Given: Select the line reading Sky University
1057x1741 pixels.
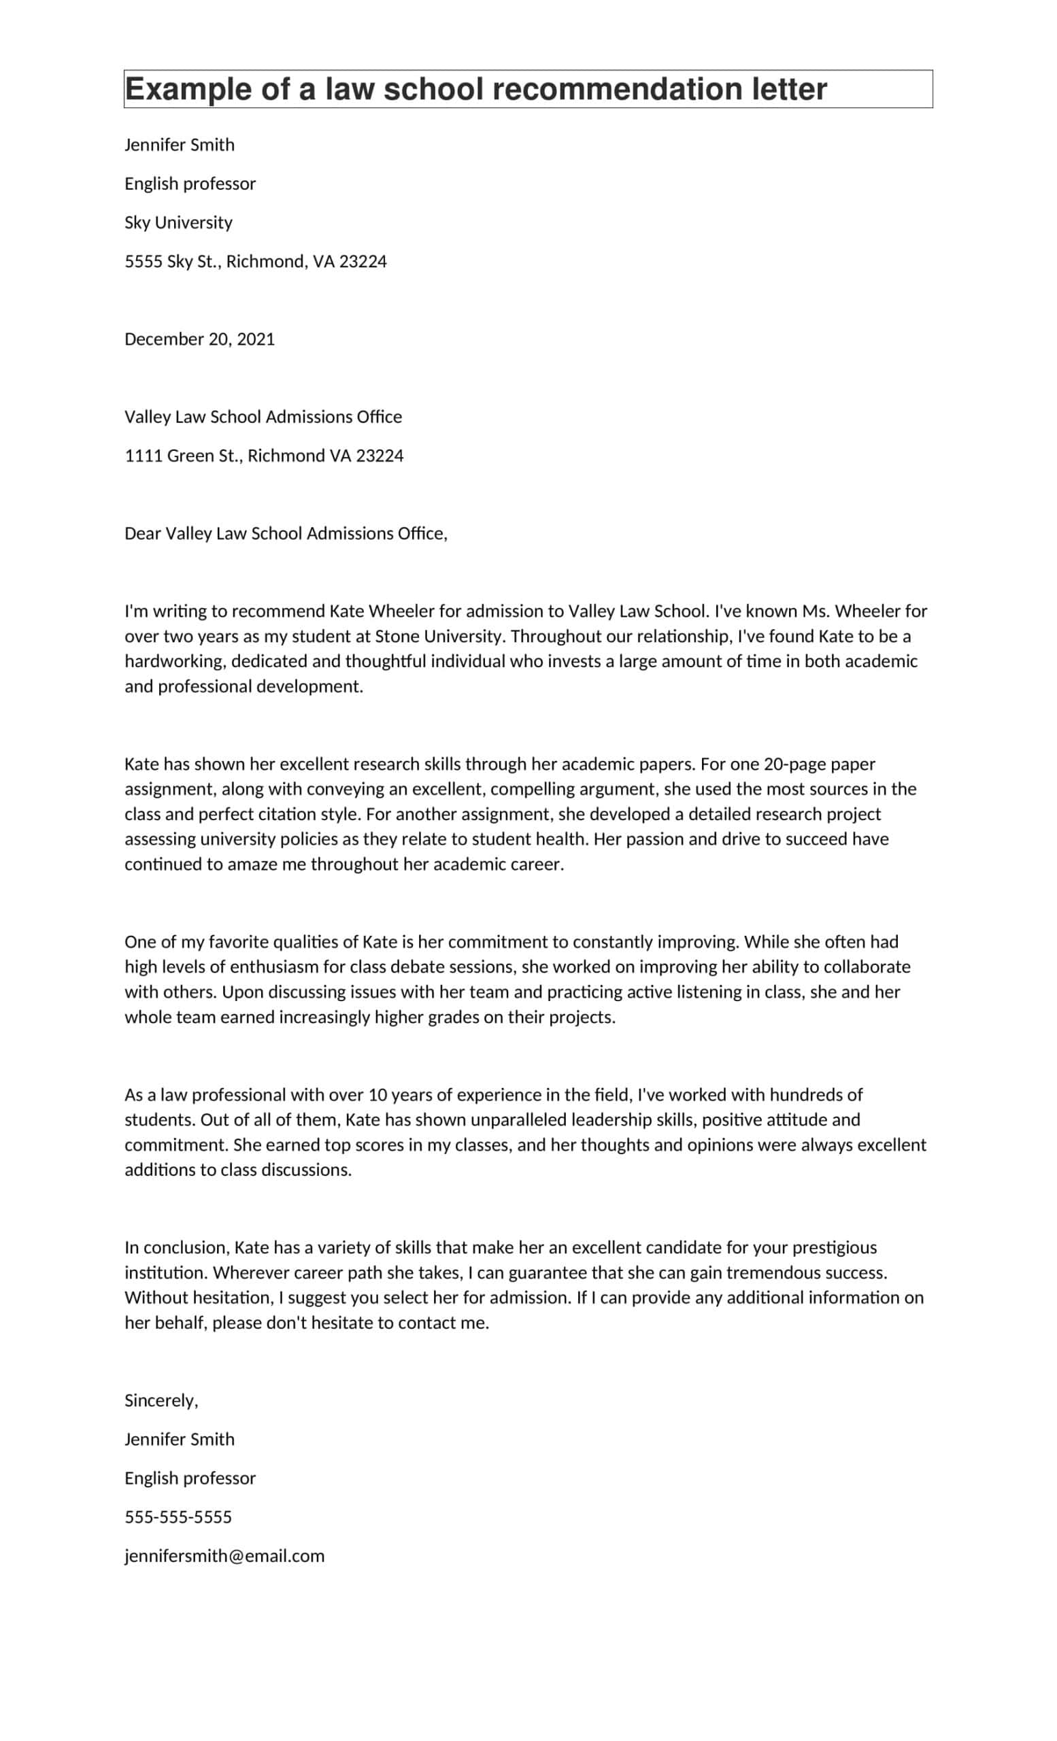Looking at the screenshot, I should coord(178,222).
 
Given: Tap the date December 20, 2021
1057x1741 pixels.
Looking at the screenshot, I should coord(199,339).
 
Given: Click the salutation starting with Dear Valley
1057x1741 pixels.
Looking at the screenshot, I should coord(286,533).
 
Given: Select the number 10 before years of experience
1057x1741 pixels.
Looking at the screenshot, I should coord(377,1094).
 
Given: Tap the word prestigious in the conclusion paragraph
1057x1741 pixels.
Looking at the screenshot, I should coord(834,1247).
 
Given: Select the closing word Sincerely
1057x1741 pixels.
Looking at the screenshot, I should coord(161,1400).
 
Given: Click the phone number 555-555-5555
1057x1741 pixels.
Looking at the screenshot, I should coord(178,1517).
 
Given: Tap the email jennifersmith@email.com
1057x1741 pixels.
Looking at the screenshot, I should coord(224,1556).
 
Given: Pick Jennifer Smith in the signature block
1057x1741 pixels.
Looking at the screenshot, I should coord(179,1439).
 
